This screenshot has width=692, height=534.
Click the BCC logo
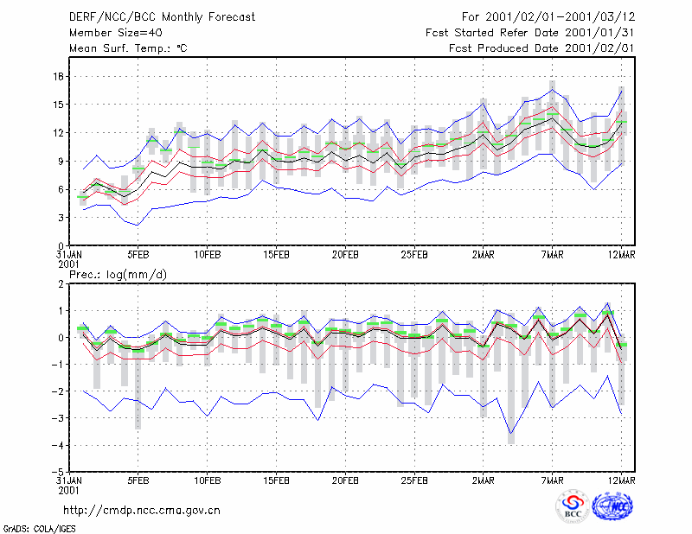573,506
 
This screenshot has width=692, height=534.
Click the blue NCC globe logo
612,506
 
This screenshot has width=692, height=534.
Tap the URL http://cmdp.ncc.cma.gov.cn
142,511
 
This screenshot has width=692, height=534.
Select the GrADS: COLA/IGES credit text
39,529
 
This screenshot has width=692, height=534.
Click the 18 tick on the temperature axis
58,76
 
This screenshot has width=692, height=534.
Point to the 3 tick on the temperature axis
61,218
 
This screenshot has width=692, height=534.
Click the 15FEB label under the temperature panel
276,255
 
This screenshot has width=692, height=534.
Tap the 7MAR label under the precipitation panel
553,480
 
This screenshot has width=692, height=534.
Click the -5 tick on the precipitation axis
57,473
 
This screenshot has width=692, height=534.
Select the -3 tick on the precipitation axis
57,418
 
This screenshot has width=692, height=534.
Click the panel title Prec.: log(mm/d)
119,275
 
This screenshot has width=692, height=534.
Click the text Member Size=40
116,33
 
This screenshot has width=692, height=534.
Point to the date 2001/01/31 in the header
599,33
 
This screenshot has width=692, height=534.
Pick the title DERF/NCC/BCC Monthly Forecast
162,17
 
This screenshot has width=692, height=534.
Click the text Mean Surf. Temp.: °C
128,48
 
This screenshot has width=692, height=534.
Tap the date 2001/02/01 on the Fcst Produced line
599,48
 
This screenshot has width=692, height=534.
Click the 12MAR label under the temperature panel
621,255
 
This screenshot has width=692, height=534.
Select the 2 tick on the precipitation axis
61,283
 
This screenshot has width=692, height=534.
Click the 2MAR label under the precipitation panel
484,480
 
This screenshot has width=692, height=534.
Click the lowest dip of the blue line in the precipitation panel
511,434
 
